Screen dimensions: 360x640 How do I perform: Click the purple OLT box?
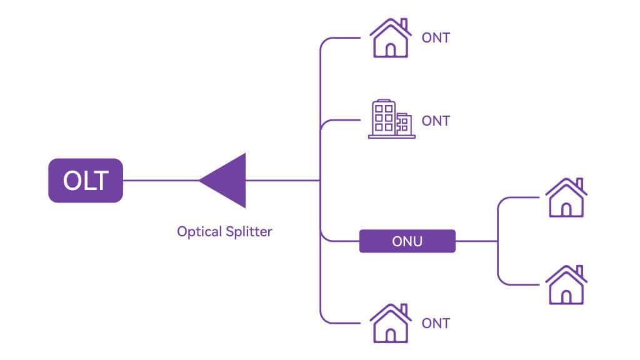(x=86, y=181)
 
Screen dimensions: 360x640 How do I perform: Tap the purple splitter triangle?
(x=228, y=181)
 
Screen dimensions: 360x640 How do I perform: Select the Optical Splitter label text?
(x=224, y=231)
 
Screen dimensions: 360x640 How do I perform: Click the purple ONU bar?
(x=407, y=241)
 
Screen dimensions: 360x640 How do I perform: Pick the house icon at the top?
(x=390, y=39)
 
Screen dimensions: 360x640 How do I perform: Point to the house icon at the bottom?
(x=390, y=324)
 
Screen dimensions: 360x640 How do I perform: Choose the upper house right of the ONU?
(x=566, y=198)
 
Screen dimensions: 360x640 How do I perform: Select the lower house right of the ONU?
(x=566, y=286)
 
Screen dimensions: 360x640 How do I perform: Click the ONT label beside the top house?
(x=436, y=38)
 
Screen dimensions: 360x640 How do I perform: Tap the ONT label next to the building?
(x=436, y=121)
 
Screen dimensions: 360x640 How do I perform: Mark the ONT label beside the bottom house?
(x=436, y=323)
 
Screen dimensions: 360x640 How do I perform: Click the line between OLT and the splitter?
(x=161, y=181)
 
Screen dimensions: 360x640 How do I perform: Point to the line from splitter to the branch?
(x=282, y=181)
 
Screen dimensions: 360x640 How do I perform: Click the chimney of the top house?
(x=403, y=24)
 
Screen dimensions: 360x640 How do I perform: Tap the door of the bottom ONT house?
(x=391, y=335)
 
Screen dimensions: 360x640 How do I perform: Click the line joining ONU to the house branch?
(x=476, y=241)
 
